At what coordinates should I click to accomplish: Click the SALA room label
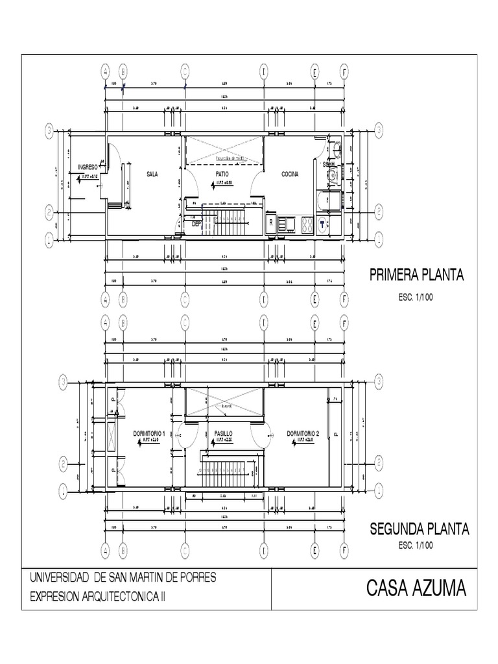pyautogui.click(x=152, y=174)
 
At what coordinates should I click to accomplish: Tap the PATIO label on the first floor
pyautogui.click(x=222, y=174)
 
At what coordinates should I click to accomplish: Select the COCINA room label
pyautogui.click(x=290, y=174)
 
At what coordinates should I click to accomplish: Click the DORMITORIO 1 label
pyautogui.click(x=149, y=433)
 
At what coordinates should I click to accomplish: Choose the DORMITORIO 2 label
pyautogui.click(x=303, y=433)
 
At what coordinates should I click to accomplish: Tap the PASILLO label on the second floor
pyautogui.click(x=223, y=433)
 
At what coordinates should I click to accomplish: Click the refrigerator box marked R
pyautogui.click(x=271, y=222)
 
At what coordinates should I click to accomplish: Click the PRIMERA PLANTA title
pyautogui.click(x=416, y=275)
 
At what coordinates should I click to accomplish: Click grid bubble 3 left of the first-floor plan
pyautogui.click(x=49, y=130)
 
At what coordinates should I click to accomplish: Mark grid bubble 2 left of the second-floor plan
pyautogui.click(x=64, y=463)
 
